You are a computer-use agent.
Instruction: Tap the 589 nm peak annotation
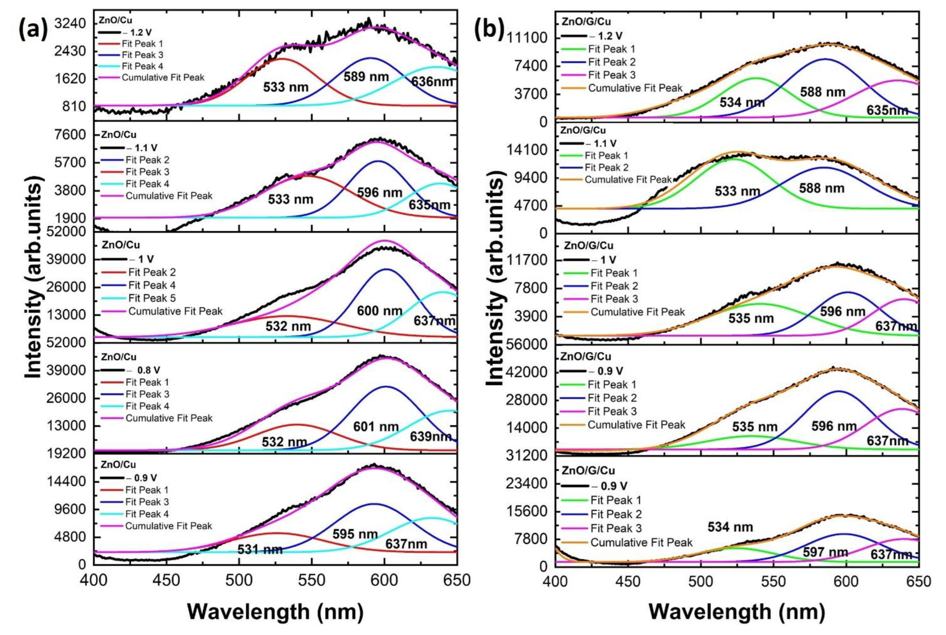pyautogui.click(x=366, y=77)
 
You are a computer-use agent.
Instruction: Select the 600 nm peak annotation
pyautogui.click(x=379, y=311)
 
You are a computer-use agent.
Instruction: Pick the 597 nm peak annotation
pyautogui.click(x=825, y=552)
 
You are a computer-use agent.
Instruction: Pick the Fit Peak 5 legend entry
pyautogui.click(x=152, y=298)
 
